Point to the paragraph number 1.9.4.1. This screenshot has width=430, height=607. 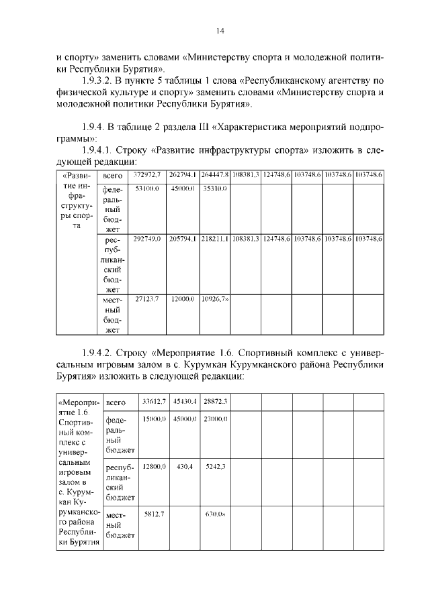point(98,150)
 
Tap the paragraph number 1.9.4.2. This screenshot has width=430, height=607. point(98,351)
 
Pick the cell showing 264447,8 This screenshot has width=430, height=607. point(215,175)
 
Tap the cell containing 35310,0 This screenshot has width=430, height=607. point(215,189)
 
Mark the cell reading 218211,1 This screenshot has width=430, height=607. point(215,239)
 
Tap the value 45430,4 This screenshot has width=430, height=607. point(184,401)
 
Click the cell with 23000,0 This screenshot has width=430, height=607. point(215,419)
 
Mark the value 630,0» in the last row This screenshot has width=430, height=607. point(215,513)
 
